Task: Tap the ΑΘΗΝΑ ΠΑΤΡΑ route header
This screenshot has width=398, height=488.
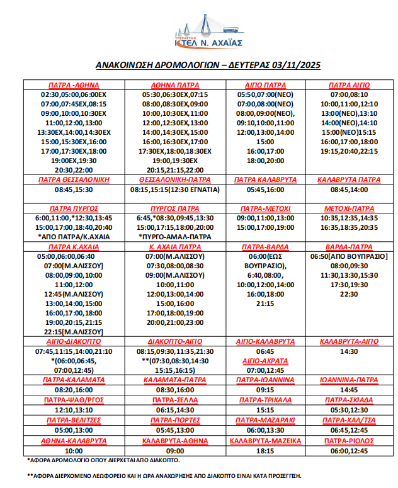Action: coord(175,85)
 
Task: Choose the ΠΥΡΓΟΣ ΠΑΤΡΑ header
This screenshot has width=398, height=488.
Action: coord(175,208)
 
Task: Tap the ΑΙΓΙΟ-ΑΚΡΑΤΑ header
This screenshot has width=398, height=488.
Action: coord(264,361)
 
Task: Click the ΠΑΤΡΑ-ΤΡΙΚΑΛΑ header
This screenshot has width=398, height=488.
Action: coord(264,400)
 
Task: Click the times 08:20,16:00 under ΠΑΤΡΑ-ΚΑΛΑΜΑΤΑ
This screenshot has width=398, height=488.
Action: coord(74,390)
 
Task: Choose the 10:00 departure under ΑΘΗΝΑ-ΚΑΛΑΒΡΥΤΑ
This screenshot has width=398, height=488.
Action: coord(74,451)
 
